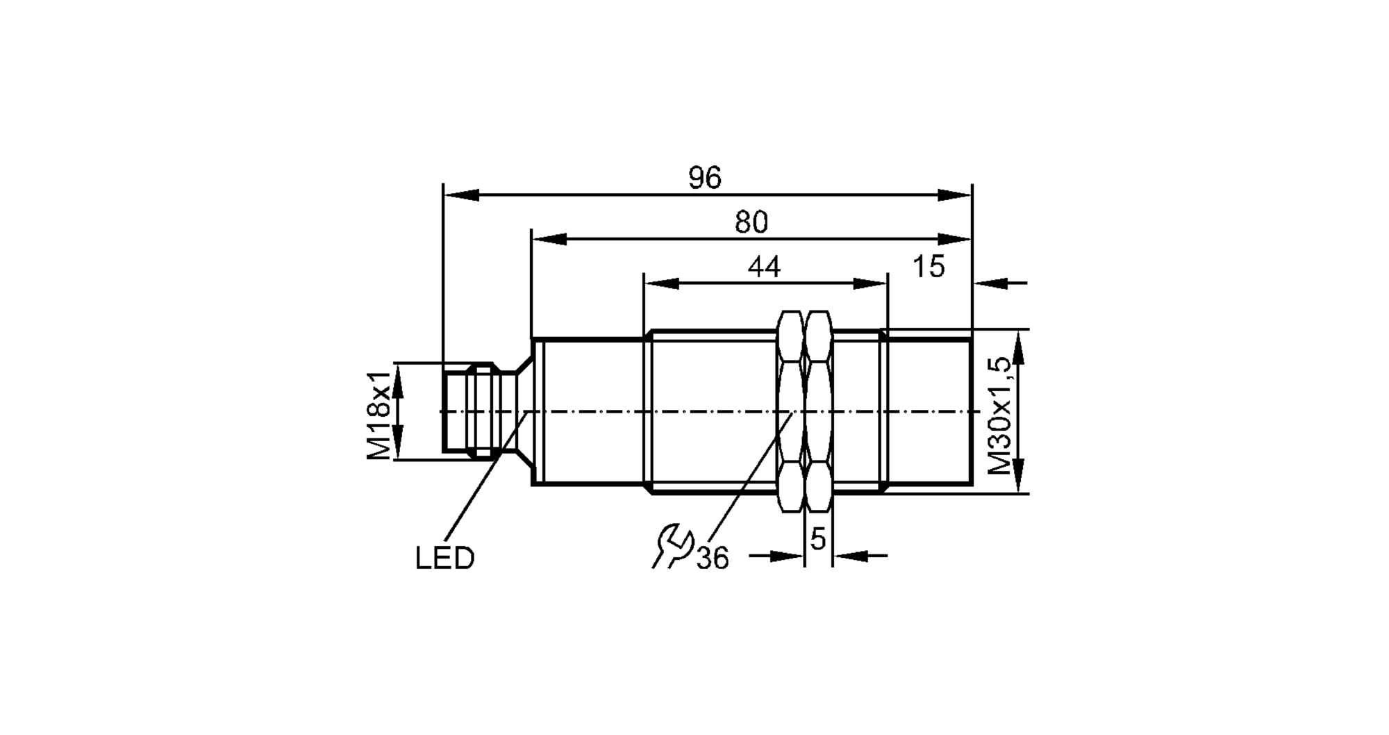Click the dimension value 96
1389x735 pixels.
point(705,179)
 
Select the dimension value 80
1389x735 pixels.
point(751,222)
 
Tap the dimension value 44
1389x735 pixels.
point(764,267)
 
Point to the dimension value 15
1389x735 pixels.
point(929,267)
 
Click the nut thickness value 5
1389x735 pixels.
point(818,539)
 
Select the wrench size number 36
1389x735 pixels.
point(713,559)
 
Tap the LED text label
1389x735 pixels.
point(444,559)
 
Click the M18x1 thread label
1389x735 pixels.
point(379,415)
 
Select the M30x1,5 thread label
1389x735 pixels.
point(999,415)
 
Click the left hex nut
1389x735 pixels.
point(790,411)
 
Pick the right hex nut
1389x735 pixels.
point(818,411)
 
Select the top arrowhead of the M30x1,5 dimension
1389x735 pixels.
point(1019,347)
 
